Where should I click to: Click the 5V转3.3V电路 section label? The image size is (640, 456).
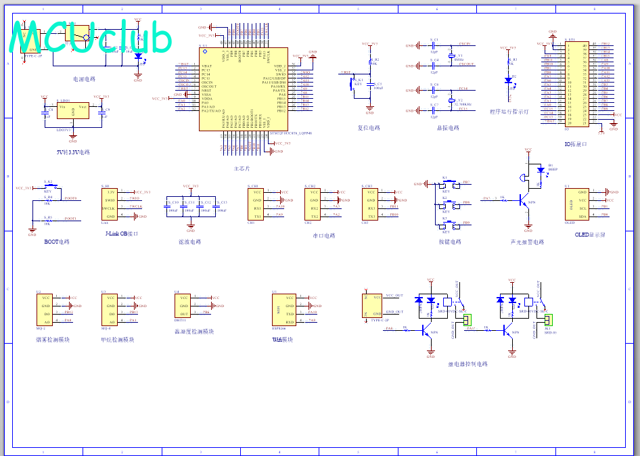click(x=73, y=152)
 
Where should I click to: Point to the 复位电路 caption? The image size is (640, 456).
click(x=369, y=127)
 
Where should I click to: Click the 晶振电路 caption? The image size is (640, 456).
click(x=447, y=127)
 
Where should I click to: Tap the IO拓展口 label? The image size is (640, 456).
click(x=575, y=144)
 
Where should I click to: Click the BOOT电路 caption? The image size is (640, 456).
click(x=56, y=242)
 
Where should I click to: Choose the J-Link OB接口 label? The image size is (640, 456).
click(x=122, y=233)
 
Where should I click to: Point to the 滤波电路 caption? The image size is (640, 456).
click(x=189, y=242)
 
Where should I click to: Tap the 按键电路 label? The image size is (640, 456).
click(x=450, y=242)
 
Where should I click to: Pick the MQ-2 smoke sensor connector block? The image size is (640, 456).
click(x=46, y=310)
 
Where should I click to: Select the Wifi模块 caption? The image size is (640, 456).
click(x=283, y=340)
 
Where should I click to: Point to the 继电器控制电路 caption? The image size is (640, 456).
click(x=467, y=364)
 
